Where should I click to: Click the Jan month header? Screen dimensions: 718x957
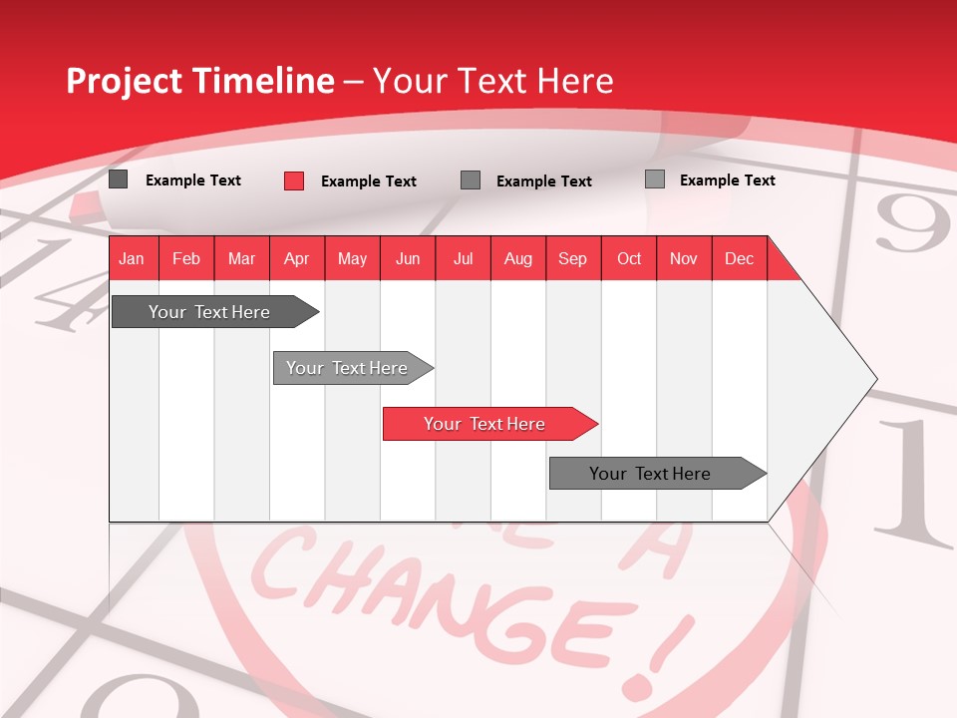click(x=132, y=258)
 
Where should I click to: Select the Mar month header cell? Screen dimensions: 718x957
click(x=241, y=258)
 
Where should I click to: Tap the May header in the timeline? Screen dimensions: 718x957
click(x=352, y=258)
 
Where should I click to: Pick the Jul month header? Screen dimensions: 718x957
click(x=463, y=258)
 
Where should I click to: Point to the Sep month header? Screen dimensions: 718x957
click(x=572, y=258)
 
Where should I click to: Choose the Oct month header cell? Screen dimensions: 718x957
click(x=629, y=258)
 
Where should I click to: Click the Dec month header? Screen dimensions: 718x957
click(x=739, y=258)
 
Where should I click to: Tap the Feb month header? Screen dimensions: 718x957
click(x=186, y=258)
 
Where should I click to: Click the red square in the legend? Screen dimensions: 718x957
click(x=294, y=180)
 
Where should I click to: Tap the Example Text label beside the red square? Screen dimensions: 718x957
click(x=368, y=181)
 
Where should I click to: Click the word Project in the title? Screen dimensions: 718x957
click(x=125, y=81)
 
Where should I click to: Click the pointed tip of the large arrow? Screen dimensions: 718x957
click(x=874, y=379)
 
